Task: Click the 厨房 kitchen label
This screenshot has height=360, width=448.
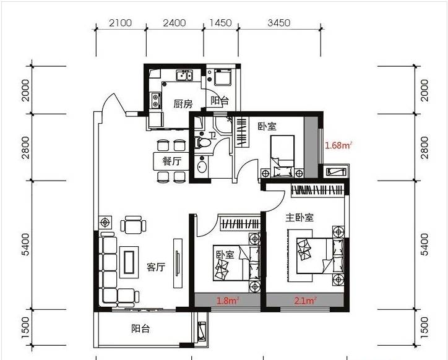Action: [183, 104]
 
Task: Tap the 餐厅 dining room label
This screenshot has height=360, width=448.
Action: [172, 161]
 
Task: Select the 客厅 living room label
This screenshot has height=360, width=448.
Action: [156, 267]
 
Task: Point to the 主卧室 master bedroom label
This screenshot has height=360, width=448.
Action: [299, 218]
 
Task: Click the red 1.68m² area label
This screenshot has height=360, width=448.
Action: [338, 145]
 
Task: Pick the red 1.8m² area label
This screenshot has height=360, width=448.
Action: [228, 301]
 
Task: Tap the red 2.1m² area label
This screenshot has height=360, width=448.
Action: [305, 301]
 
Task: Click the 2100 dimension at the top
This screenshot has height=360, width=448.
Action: [120, 23]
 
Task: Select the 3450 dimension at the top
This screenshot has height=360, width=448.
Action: [279, 23]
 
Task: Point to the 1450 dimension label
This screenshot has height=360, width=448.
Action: [220, 23]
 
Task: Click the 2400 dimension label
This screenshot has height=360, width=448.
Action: [174, 23]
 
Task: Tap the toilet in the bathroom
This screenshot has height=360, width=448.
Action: [202, 142]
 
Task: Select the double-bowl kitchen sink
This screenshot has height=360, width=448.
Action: [184, 75]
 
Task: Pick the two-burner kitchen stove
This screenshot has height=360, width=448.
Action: [155, 101]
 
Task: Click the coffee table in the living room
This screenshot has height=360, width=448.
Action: [129, 262]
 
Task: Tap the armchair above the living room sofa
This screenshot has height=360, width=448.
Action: [133, 225]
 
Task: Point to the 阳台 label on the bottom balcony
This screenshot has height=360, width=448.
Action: [140, 329]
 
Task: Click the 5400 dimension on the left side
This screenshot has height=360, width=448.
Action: [26, 244]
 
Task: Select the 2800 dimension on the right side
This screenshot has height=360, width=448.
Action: [425, 147]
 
